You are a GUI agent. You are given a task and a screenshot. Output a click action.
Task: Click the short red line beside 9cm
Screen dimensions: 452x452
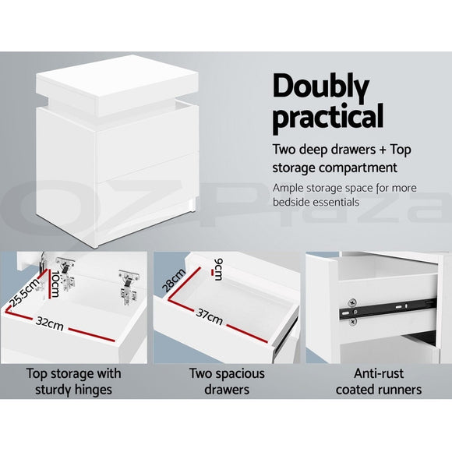213,272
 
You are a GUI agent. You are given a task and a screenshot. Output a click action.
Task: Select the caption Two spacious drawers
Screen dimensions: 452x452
226,381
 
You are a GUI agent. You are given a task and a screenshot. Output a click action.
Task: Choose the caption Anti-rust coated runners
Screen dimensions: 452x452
377,381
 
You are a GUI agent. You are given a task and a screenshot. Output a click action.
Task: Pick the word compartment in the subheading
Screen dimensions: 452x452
362,168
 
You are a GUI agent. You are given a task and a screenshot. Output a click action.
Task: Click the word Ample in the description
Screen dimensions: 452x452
291,188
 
